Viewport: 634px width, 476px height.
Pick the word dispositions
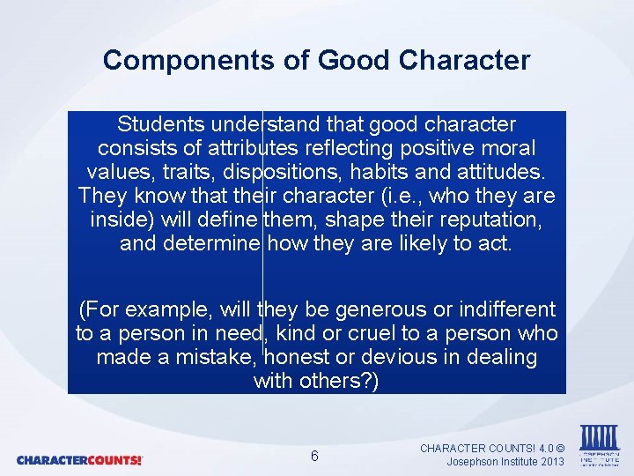(273, 171)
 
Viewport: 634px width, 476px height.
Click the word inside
(115, 219)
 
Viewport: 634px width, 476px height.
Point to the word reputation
(492, 219)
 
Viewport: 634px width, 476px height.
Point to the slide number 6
(315, 456)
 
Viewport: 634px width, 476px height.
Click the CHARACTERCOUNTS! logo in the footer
(79, 460)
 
